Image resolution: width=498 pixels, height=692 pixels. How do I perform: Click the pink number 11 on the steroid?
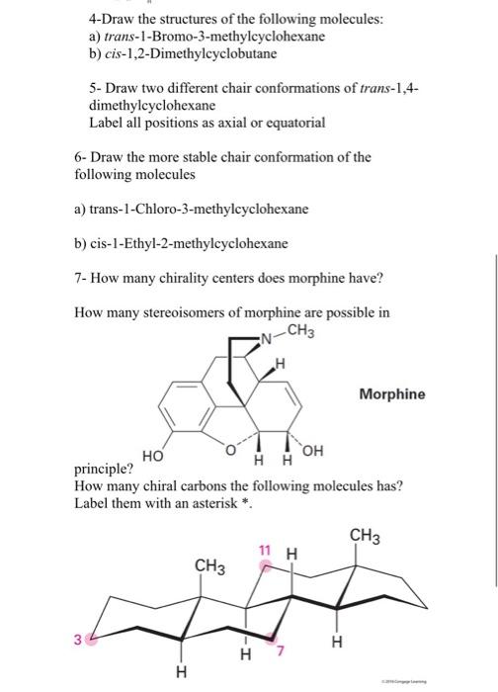pyautogui.click(x=264, y=550)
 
